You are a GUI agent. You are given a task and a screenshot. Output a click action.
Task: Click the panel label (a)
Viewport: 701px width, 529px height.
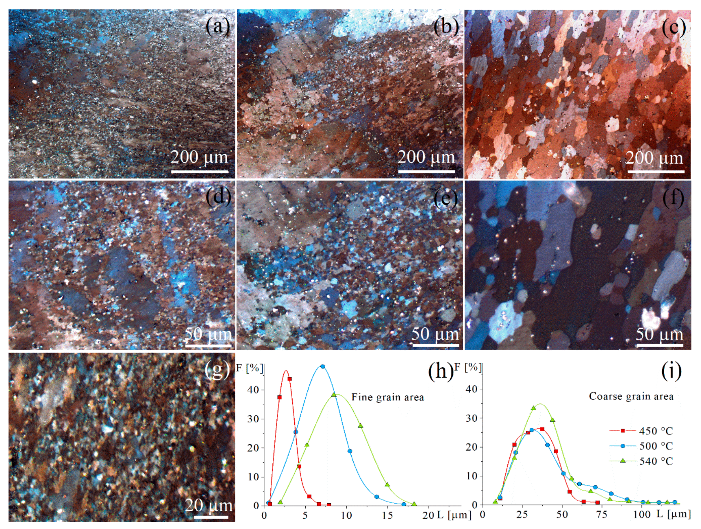(x=218, y=26)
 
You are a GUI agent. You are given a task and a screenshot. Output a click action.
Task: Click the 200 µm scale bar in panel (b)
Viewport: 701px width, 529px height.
(x=426, y=172)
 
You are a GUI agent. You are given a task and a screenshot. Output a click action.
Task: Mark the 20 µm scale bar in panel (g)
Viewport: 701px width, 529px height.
(x=211, y=517)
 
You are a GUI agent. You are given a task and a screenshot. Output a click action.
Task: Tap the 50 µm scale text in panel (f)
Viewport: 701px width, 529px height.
(x=659, y=334)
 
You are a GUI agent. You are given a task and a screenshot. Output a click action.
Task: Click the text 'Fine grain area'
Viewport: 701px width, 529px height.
(x=388, y=397)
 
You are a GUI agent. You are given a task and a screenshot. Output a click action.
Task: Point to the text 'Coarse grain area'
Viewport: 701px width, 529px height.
(x=631, y=396)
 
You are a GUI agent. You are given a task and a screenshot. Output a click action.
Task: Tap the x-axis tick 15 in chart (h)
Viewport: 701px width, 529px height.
(x=387, y=515)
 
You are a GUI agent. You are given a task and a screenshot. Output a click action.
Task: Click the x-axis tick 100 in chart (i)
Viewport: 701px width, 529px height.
(x=642, y=514)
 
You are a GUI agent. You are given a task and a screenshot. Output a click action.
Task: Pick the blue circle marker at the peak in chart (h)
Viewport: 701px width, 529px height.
(x=323, y=366)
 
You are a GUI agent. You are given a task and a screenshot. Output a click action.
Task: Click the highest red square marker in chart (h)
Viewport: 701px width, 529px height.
(x=289, y=379)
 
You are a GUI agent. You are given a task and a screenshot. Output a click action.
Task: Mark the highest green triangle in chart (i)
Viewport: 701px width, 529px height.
(x=533, y=408)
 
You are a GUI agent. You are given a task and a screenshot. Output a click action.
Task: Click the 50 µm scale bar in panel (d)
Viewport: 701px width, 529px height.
(x=208, y=346)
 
